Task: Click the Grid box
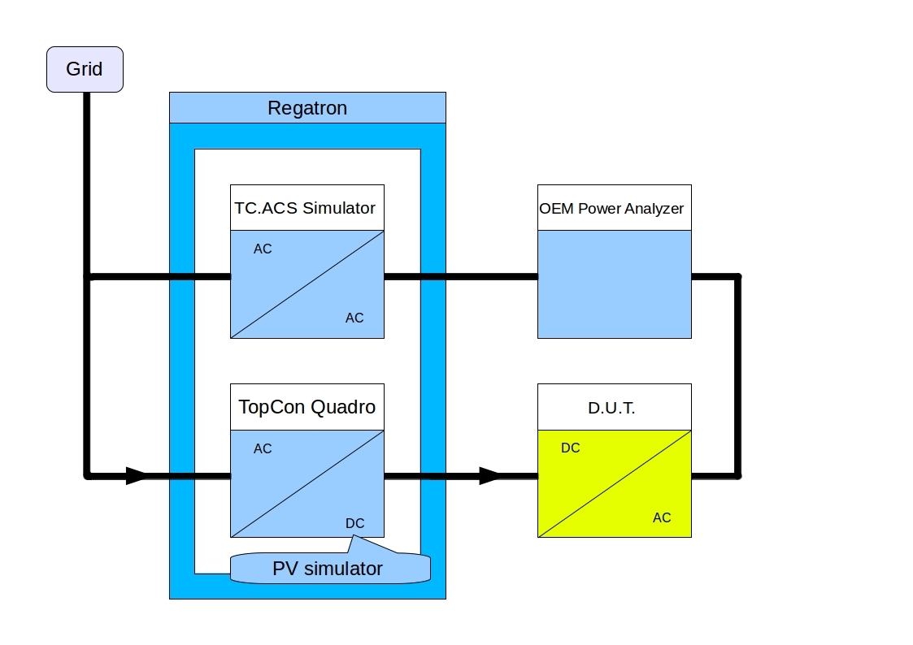point(85,69)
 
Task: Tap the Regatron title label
point(307,108)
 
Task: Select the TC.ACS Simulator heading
point(306,208)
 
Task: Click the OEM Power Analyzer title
point(611,209)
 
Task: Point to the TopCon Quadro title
point(307,407)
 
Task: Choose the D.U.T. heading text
point(611,409)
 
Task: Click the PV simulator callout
point(328,568)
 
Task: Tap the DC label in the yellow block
point(571,448)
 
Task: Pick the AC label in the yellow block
point(662,517)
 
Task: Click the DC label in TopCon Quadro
point(354,523)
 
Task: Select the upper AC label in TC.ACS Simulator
point(263,249)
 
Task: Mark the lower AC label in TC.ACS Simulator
point(354,318)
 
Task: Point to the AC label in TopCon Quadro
point(263,448)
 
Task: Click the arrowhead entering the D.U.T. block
point(490,476)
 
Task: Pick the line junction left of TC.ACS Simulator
point(87,277)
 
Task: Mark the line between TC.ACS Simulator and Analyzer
point(460,277)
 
